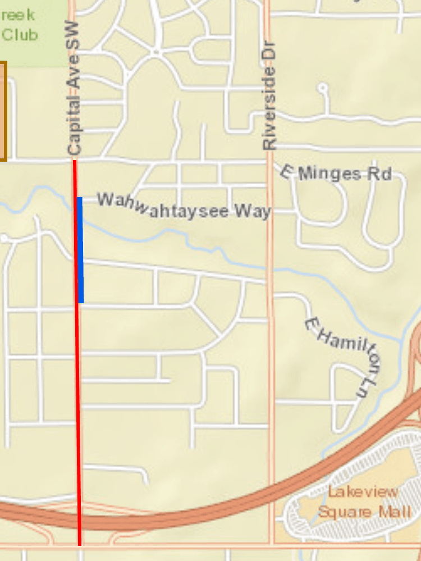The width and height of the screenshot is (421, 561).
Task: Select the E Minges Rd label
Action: coord(336,173)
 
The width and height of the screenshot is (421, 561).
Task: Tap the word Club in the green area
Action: coord(20,35)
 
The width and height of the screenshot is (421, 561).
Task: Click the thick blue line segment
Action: coord(81,250)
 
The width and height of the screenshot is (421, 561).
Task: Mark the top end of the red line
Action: coord(74,161)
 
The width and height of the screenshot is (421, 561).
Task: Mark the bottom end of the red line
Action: coord(80,544)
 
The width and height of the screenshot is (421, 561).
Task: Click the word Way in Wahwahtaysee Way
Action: coord(253,212)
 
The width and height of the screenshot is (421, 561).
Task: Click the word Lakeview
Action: coord(364,492)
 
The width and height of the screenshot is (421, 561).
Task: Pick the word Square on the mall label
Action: coord(344,512)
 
